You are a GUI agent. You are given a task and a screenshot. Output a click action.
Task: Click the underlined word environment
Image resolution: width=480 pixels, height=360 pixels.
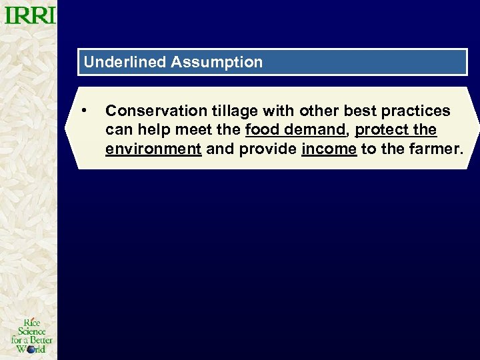153,149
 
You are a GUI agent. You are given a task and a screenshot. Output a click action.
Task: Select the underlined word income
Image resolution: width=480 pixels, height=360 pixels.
329,149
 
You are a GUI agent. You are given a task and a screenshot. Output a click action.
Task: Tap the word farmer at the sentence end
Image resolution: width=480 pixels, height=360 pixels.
436,149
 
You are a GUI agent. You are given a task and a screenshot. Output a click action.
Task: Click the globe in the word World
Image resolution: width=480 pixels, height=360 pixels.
31,349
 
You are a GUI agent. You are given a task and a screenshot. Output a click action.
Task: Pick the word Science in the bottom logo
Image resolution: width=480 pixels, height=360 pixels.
31,331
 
